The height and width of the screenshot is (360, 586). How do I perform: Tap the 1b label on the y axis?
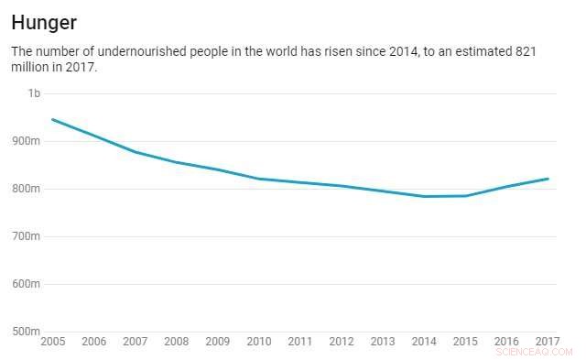coord(34,93)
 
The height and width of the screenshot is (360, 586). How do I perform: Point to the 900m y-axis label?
coord(27,141)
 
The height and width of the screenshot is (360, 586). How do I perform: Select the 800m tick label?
coord(27,189)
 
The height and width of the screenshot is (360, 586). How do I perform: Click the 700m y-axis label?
coord(27,236)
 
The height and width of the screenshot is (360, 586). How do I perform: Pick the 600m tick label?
coord(27,284)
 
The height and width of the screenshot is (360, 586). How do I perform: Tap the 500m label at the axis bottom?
coord(27,332)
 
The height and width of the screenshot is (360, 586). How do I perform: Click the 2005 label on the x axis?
coord(52,343)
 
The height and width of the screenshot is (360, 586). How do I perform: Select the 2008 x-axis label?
coord(176,343)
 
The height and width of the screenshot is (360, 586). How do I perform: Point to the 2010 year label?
coord(258,343)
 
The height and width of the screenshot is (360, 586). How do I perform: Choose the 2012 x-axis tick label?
coord(341,343)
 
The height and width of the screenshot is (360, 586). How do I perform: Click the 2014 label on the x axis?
coord(423,343)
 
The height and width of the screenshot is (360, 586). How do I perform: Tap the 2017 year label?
coord(547,343)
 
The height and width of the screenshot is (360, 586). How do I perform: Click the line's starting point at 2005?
coord(52,119)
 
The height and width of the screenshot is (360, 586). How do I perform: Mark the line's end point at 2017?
coord(548,179)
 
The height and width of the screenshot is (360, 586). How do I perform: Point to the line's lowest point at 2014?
coord(424,196)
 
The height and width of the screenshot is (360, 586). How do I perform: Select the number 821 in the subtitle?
coord(524,52)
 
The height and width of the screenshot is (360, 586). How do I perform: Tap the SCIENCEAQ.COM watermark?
coord(534,352)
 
